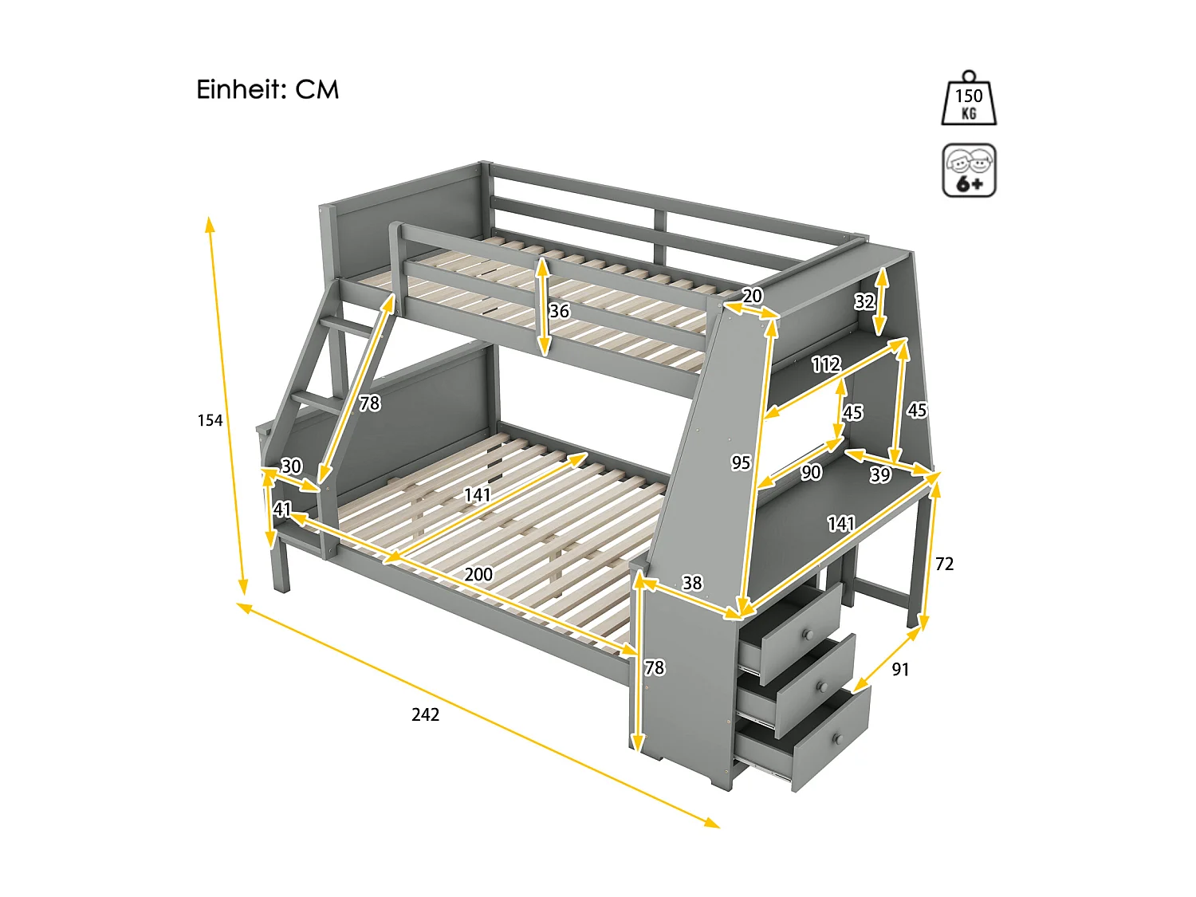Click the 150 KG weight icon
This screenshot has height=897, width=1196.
[x=969, y=100]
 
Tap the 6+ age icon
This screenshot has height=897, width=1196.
[x=969, y=171]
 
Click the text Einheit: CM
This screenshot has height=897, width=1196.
[x=268, y=89]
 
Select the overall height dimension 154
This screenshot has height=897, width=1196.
[x=210, y=420]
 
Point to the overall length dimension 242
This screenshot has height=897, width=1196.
[x=425, y=714]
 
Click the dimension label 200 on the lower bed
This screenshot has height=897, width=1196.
[x=478, y=574]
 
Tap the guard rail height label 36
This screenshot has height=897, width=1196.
[x=559, y=311]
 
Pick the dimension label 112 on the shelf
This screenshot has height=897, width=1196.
[x=826, y=364]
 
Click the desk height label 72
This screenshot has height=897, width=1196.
[x=944, y=565]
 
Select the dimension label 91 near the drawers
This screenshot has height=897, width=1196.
[x=900, y=670]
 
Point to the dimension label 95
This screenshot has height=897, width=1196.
[x=741, y=462]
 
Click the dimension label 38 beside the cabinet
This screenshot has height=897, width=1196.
[x=692, y=583]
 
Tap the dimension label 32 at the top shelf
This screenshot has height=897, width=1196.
[x=864, y=301]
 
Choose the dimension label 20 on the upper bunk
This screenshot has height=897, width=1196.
[x=752, y=296]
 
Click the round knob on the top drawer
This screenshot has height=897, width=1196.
[x=807, y=635]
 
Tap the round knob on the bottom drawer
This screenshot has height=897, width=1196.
[x=838, y=739]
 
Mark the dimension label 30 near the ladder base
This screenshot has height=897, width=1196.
[x=292, y=466]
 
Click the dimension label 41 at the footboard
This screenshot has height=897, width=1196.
[x=282, y=509]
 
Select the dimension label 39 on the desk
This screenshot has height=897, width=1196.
[x=879, y=475]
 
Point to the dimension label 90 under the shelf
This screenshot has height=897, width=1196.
[x=811, y=473]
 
